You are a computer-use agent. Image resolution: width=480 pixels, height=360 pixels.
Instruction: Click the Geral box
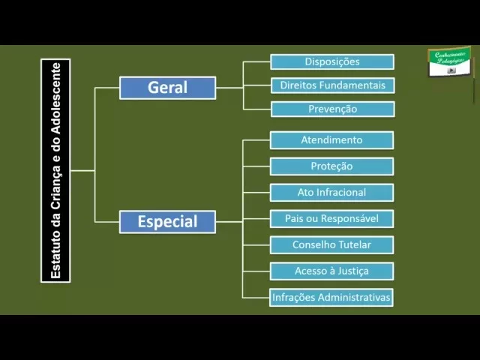167,88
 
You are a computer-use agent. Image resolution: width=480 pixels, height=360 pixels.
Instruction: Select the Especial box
167,221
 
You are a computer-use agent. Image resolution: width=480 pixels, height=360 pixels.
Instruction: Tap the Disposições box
331,61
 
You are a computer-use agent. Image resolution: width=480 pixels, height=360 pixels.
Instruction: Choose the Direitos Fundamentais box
331,85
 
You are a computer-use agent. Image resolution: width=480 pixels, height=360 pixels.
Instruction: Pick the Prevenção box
331,109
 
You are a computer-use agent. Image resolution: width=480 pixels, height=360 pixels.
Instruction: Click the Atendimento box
331,140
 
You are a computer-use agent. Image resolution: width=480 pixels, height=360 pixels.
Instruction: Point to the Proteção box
331,166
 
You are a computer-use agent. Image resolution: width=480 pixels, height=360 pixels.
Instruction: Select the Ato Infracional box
331,192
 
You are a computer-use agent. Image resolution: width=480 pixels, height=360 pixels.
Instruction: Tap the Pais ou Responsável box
331,218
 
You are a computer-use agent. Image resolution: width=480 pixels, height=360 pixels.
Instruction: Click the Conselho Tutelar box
331,244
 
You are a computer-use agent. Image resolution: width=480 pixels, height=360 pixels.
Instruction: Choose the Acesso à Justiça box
331,271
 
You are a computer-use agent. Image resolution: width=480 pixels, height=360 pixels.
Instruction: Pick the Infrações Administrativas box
331,297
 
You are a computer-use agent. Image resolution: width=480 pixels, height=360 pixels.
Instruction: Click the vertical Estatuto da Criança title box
55,170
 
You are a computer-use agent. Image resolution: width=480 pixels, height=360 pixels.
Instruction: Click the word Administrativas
354,297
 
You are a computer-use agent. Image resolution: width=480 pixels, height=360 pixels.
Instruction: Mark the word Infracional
341,192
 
